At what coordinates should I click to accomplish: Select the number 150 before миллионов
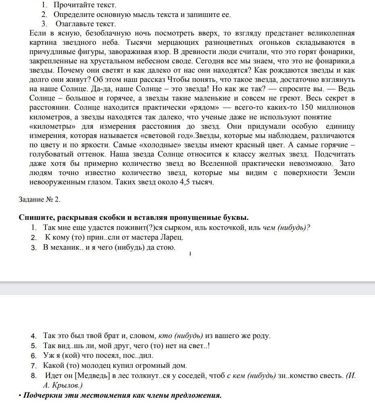(307, 108)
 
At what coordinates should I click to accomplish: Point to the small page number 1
(190, 253)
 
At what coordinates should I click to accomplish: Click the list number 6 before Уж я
(34, 356)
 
